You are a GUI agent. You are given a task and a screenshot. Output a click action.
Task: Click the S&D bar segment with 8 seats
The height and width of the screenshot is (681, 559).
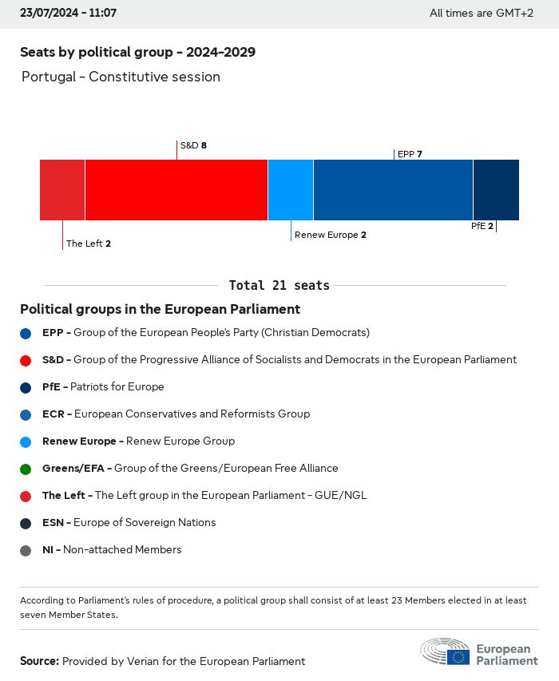point(176,189)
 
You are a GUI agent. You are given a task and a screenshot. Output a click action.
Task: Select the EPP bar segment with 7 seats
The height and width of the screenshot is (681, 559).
point(393,189)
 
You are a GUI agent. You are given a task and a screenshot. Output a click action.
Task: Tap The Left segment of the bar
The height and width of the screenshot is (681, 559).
point(62,189)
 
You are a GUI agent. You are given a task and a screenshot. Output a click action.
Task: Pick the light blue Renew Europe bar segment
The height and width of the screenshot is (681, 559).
point(291,189)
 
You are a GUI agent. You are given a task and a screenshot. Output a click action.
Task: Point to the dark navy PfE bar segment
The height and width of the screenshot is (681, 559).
point(496,189)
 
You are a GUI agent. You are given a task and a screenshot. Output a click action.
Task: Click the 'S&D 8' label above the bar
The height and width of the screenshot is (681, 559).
point(193,145)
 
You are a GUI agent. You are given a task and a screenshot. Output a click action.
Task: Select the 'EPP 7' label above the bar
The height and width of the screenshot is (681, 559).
point(410,154)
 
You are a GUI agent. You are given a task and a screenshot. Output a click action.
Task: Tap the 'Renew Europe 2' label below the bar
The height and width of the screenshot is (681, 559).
point(330,235)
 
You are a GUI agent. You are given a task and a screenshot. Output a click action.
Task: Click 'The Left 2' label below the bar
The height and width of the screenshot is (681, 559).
point(88,243)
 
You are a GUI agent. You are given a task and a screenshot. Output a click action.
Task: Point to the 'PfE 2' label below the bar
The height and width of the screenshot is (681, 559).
point(482,226)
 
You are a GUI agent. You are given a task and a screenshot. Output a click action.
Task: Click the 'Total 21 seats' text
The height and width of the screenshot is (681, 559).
point(279,285)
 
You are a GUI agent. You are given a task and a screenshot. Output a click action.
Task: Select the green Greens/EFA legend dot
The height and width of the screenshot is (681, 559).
point(26,469)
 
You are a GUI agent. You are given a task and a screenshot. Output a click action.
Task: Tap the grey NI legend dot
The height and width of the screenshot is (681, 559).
point(26,550)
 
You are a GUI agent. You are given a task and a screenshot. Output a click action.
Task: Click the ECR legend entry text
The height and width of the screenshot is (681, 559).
point(176,414)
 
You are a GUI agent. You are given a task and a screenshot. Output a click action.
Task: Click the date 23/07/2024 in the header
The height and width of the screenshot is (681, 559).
point(51,14)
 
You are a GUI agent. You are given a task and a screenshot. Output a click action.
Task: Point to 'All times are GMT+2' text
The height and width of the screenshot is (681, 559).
point(481,14)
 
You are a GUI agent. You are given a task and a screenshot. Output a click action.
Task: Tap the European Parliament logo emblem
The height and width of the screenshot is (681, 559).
point(446,651)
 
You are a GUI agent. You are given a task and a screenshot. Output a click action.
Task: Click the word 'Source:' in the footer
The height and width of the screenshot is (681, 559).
point(39,661)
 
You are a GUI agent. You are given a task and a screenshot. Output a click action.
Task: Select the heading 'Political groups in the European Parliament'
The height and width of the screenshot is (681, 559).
point(160,309)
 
